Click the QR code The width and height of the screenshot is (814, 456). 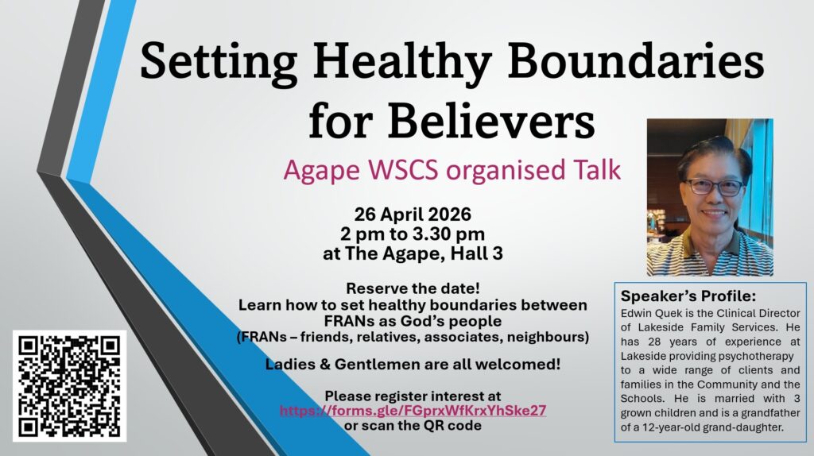(70, 386)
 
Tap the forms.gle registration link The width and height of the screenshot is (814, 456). (413, 411)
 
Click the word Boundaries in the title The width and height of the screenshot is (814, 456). (636, 61)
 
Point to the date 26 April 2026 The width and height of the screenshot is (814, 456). (413, 214)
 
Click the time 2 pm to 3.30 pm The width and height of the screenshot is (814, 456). (413, 234)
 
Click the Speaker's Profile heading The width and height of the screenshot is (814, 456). (688, 296)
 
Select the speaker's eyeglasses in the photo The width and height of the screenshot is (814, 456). (715, 187)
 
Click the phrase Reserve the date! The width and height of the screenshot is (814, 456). (413, 288)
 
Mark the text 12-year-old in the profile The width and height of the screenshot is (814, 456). (669, 427)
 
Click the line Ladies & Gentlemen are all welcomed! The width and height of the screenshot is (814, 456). (413, 364)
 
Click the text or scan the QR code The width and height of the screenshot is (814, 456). (413, 425)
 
